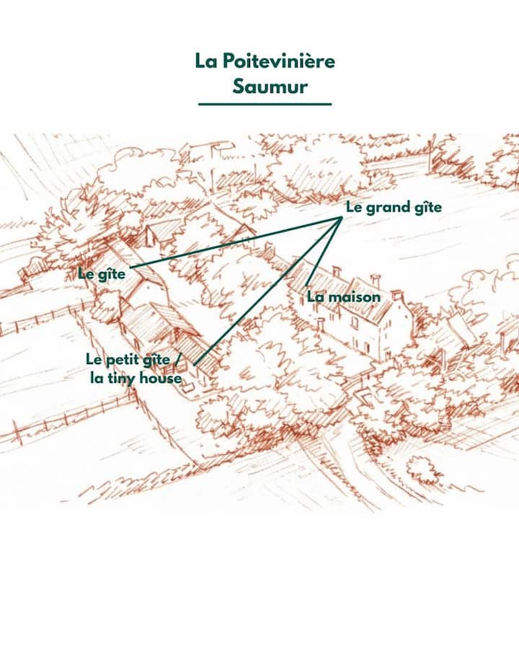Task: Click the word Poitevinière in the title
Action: coord(278,61)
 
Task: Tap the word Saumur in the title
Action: coord(270,87)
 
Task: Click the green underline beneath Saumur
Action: coord(265,104)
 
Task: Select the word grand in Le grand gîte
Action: coord(384,208)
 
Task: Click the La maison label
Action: coord(343,297)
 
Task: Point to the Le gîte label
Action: coord(102,274)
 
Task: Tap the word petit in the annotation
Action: coord(121,359)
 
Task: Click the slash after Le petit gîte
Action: coord(177,359)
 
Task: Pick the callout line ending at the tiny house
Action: coord(268,291)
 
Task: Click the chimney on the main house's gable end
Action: coord(397,296)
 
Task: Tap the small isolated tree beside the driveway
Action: coord(425,469)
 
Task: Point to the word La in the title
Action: coord(206,61)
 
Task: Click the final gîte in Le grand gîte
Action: coord(425,208)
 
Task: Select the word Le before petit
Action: coord(94,359)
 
